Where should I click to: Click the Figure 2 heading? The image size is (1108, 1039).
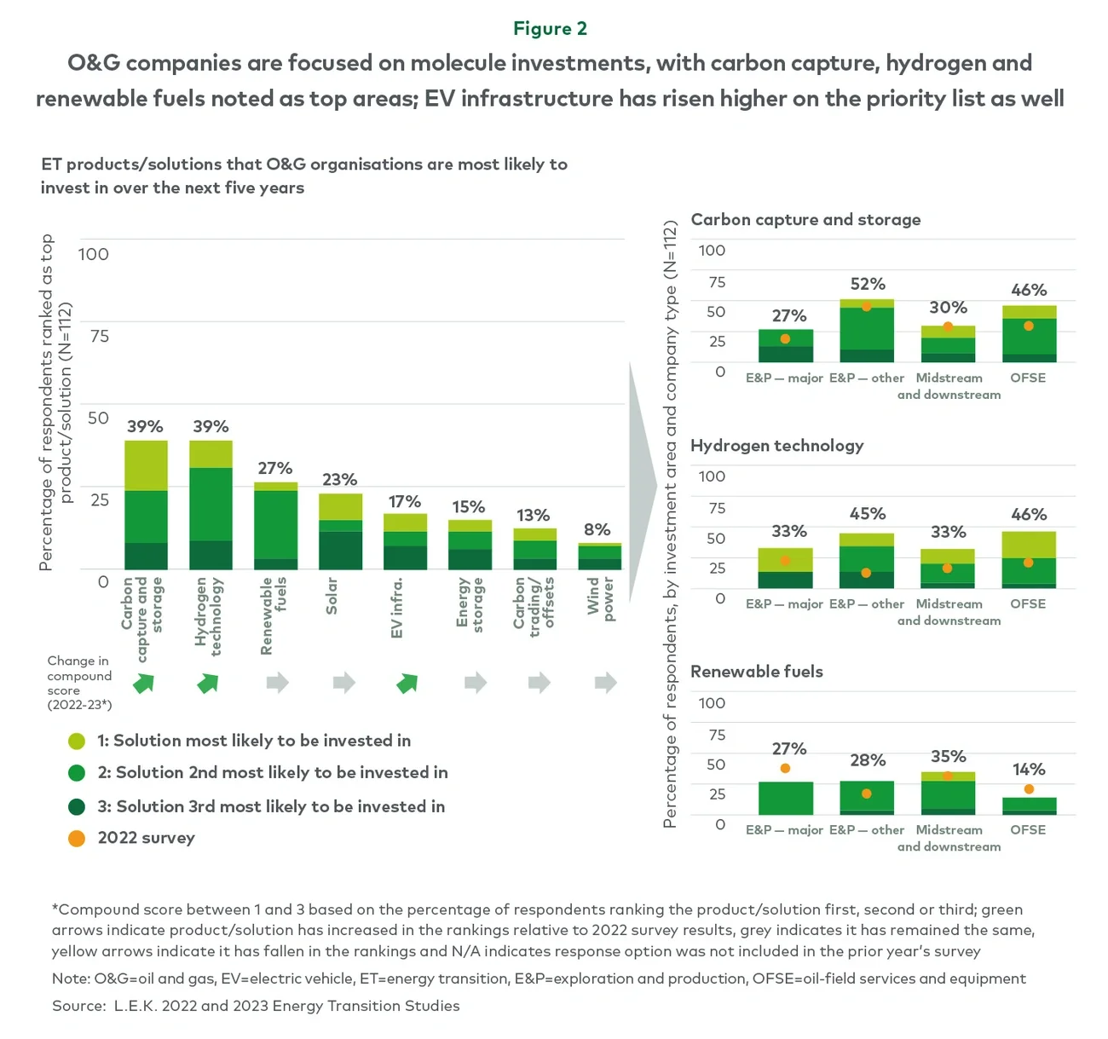click(x=550, y=29)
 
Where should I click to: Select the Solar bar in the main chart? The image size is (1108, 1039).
click(x=340, y=532)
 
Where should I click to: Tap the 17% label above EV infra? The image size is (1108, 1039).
click(x=405, y=501)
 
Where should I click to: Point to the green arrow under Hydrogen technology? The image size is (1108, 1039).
click(x=208, y=683)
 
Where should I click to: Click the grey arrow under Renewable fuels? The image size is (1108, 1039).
click(x=277, y=682)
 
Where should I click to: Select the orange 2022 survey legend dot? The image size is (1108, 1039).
click(x=77, y=838)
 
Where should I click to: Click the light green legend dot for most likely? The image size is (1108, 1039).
click(x=77, y=741)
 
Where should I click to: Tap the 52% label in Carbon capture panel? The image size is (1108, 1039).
click(x=868, y=284)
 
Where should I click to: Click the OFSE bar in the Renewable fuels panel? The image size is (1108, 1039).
click(x=1029, y=806)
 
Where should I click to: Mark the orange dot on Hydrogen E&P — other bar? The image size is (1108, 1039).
click(x=866, y=573)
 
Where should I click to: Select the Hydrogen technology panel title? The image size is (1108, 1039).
click(x=776, y=445)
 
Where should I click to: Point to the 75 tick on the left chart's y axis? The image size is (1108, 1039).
click(x=100, y=336)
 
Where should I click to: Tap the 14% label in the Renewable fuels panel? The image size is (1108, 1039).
click(x=1029, y=769)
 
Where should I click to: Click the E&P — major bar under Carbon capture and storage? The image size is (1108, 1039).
click(x=785, y=346)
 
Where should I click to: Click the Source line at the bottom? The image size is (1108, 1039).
click(x=256, y=1006)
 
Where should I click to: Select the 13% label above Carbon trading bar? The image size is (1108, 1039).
click(x=533, y=515)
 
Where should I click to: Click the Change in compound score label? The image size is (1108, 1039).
click(x=79, y=683)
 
